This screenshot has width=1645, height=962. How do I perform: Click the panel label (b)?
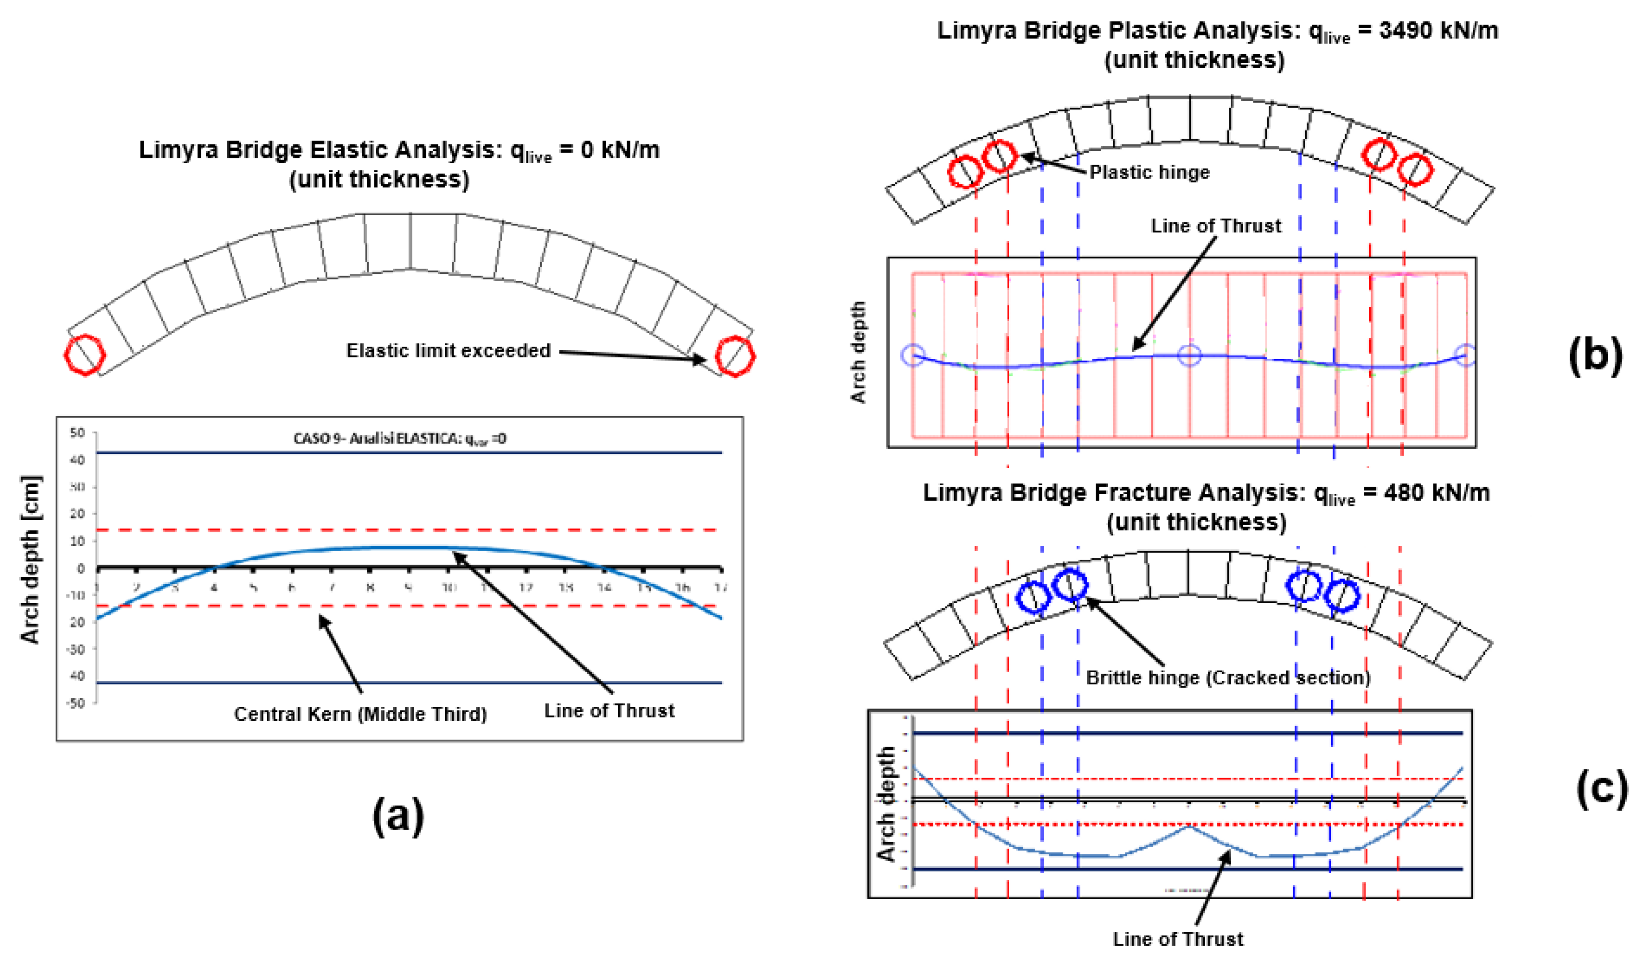[1595, 356]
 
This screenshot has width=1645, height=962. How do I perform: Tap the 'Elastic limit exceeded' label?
[448, 351]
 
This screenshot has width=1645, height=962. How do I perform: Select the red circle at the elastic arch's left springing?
[84, 355]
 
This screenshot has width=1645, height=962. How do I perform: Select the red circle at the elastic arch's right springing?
[735, 356]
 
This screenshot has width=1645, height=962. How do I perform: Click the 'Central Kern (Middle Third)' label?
[360, 714]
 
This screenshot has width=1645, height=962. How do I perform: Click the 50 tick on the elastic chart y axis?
[77, 433]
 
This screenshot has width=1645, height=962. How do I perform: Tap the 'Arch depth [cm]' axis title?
[30, 559]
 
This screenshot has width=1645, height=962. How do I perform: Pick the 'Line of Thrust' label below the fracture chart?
[1178, 939]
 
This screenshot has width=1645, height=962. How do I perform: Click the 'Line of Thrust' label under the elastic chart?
[609, 710]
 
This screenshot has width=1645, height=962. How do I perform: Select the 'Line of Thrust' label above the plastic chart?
[1215, 226]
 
